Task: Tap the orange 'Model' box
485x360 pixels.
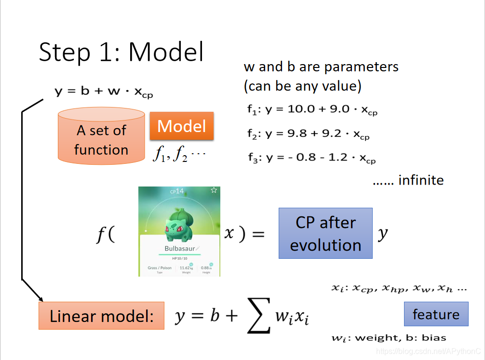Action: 181,126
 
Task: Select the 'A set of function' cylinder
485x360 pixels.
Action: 101,136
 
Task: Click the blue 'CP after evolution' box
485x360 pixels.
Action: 325,234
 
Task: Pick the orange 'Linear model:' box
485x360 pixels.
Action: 101,316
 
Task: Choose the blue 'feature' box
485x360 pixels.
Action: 436,314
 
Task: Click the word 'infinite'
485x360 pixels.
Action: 420,180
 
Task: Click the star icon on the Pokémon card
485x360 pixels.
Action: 214,190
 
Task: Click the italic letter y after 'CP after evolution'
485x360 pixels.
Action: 382,234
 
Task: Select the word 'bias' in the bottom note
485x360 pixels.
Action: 434,337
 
